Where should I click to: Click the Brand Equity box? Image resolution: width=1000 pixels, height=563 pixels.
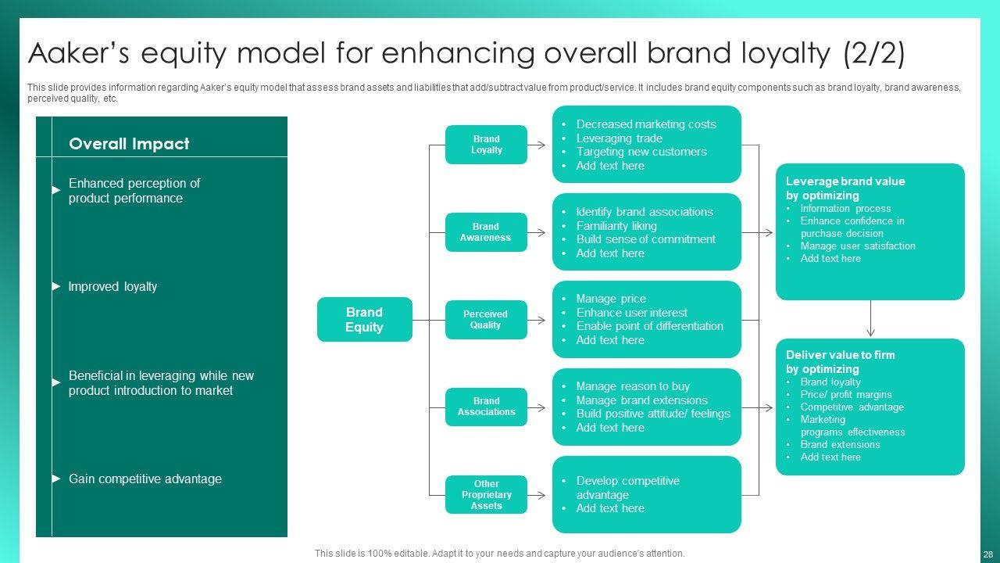pos(364,320)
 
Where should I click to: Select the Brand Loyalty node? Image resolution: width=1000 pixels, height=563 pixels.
pos(486,145)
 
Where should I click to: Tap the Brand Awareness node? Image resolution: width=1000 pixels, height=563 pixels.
pos(486,232)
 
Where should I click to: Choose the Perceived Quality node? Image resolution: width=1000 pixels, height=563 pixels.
pos(486,320)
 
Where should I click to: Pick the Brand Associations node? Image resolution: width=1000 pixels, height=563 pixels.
pos(486,407)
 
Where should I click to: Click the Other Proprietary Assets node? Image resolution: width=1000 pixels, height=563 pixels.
pos(486,495)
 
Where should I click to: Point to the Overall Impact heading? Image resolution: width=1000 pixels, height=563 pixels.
pos(129,144)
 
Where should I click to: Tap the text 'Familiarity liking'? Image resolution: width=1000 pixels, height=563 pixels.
pos(616,226)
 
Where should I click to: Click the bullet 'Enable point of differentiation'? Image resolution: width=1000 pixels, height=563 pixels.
pos(649,326)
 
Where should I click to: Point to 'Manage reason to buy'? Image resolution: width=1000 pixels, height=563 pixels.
pos(633,386)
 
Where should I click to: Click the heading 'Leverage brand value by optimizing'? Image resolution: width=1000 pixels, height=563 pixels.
pos(834,188)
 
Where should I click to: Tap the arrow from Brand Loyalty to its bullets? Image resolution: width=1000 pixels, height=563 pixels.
pos(537,145)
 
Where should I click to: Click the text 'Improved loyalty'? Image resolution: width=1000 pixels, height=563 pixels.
pos(112,287)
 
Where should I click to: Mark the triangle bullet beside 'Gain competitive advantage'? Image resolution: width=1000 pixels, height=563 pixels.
pos(56,479)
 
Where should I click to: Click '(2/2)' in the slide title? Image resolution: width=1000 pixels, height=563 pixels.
pos(874,54)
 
